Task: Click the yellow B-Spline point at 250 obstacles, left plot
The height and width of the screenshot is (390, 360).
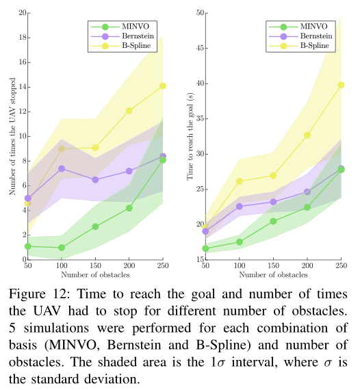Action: [163, 86]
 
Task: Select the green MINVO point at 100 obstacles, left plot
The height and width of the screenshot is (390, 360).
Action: [62, 248]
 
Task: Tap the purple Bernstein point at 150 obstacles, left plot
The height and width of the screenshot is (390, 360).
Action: [95, 179]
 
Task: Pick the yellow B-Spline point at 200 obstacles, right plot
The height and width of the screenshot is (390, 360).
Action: [307, 135]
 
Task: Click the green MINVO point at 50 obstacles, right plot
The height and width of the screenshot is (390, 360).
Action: [205, 248]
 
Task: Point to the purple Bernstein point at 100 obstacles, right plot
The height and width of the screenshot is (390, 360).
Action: [240, 206]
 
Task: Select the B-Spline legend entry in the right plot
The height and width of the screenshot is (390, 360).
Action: [299, 46]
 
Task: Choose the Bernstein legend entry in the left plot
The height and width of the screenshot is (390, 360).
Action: [122, 36]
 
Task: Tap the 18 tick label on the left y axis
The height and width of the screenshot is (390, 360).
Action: [23, 38]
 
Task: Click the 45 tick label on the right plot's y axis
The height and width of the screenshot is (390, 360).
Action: [200, 48]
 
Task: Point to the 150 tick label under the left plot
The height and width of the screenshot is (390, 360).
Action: [95, 265]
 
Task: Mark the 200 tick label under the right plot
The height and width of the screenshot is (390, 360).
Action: [307, 265]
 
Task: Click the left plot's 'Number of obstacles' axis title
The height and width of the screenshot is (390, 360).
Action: [95, 274]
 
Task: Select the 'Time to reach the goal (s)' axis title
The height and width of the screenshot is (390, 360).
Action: [190, 136]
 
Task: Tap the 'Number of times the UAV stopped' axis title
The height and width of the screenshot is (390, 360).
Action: [12, 136]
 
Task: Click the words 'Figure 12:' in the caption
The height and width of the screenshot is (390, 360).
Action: [39, 294]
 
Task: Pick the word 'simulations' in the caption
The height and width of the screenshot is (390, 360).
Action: [57, 328]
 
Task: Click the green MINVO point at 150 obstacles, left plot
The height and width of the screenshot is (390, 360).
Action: [95, 226]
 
